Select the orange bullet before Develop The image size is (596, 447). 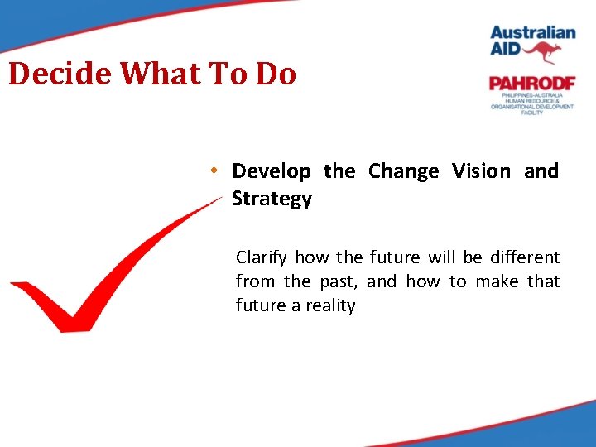[x=214, y=171]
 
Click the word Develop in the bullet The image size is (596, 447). [x=272, y=171]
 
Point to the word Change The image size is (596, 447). [x=404, y=171]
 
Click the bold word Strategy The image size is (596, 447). [x=272, y=199]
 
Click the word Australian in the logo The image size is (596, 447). [x=532, y=33]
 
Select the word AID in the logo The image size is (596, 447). [x=507, y=51]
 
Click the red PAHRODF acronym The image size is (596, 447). [x=531, y=84]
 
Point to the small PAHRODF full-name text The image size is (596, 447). [x=531, y=103]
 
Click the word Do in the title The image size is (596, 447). [x=276, y=74]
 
